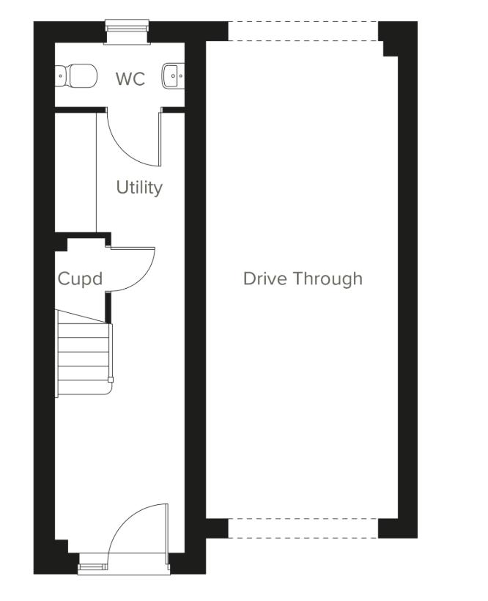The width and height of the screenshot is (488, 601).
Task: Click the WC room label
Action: pos(130,79)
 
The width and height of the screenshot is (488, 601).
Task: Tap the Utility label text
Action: pos(139,188)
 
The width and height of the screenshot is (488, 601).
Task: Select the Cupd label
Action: pos(79,279)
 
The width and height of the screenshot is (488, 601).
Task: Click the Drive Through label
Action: pos(303,279)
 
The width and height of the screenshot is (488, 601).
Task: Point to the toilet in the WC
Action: pos(77,75)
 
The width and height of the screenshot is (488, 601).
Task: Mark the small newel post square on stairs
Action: pos(111,379)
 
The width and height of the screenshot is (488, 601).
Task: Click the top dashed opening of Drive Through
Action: pos(303,31)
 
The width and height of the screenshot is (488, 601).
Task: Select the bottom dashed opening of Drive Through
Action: pos(303,528)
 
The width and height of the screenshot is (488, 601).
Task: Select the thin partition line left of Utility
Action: pos(97,172)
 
